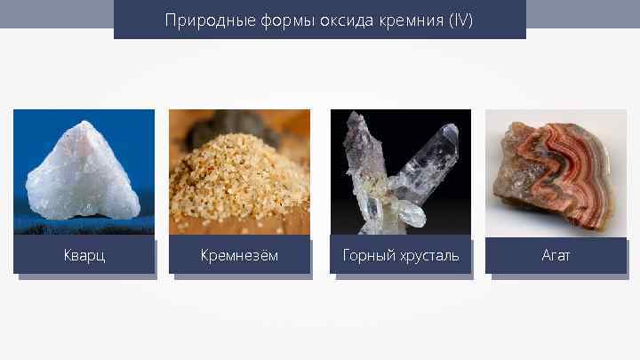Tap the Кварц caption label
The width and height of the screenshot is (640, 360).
[84, 256]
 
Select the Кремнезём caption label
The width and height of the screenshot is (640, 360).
[239, 256]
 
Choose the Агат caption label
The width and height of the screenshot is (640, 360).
[556, 256]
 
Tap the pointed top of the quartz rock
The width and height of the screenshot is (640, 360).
[74, 125]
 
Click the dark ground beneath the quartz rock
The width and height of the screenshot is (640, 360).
[84, 227]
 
